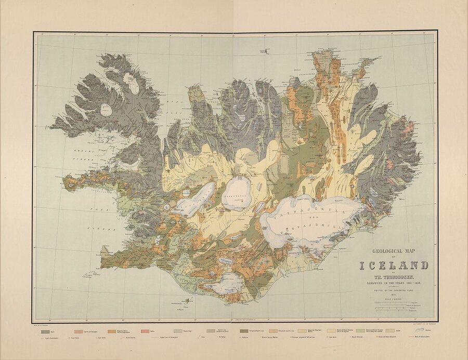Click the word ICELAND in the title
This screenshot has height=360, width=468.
pos(394,266)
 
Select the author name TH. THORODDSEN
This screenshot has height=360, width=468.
pos(394,276)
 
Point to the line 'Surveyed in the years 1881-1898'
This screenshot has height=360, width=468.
pos(394,284)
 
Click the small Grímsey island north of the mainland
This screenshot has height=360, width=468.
pos(267,50)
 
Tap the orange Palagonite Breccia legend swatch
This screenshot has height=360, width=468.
pos(112,331)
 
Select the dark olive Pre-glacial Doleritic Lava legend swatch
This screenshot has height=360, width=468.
pos(244,331)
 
